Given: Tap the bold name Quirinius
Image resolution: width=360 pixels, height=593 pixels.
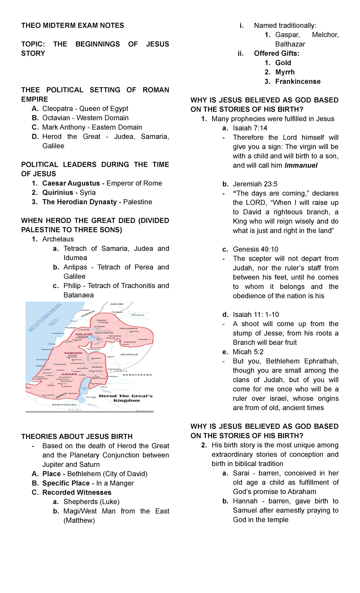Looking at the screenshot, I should (x=58, y=193).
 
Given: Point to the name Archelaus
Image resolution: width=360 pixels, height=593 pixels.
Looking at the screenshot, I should (x=58, y=239).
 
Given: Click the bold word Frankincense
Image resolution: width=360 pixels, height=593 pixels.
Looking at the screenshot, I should (x=298, y=82).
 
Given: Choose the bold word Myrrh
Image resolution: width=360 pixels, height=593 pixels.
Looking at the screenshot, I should (x=285, y=72).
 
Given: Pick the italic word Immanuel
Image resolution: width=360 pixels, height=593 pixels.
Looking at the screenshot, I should (x=301, y=166).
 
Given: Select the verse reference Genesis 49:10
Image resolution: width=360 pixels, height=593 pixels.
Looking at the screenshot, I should (x=256, y=249).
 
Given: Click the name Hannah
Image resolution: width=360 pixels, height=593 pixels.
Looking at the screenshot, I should (x=245, y=501).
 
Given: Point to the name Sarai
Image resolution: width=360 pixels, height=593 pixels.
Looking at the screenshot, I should (x=241, y=473).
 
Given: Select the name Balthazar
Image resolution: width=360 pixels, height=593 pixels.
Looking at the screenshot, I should (x=290, y=44).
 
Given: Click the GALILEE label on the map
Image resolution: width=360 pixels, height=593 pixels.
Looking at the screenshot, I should (x=84, y=334).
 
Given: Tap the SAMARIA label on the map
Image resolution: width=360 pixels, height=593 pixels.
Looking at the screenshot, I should (x=73, y=353).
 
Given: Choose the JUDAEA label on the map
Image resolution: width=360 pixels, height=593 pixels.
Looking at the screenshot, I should (x=69, y=374).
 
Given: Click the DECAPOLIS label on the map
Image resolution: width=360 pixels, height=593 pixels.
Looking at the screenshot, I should (x=129, y=354).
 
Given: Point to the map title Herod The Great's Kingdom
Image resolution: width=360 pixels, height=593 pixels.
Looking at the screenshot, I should (x=126, y=398).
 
